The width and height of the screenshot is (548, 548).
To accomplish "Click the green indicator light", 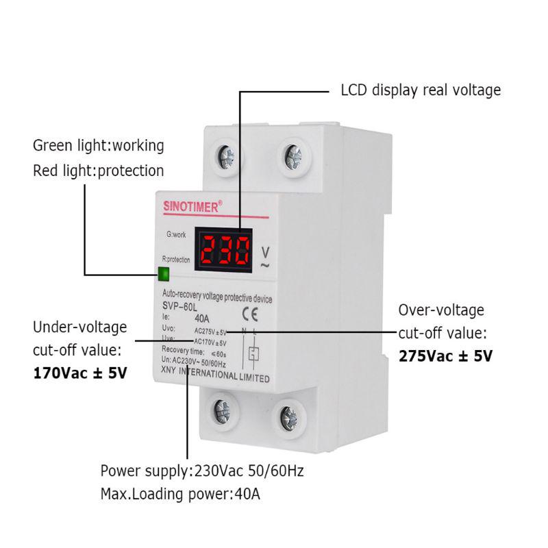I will tap(164, 275).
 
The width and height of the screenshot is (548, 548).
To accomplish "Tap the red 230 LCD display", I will tap(223, 249).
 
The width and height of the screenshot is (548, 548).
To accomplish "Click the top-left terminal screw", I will tap(225, 158).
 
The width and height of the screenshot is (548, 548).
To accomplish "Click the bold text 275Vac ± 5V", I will tap(445, 357).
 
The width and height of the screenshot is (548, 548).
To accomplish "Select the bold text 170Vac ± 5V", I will tap(80, 374).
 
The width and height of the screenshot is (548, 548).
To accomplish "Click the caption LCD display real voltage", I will tap(421, 90).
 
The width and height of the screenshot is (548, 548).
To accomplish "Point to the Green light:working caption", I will tap(99, 146).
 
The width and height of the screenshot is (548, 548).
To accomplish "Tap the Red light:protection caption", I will tap(99, 171).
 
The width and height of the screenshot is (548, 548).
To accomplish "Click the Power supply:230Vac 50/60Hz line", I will tap(202, 471).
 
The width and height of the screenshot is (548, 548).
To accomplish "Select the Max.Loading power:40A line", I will tap(180, 494).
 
